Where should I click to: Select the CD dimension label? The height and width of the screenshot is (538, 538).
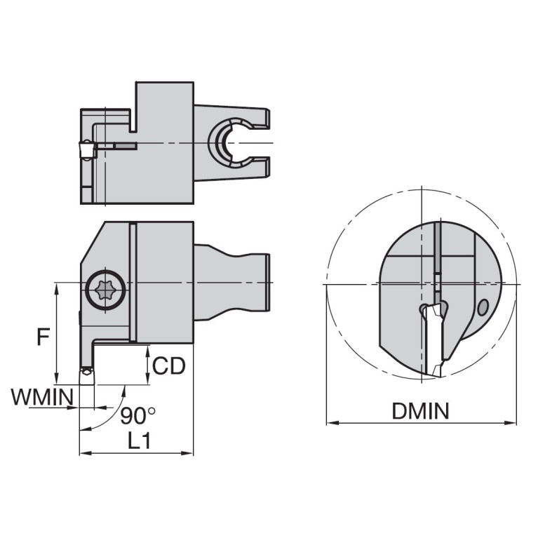tap(169, 365)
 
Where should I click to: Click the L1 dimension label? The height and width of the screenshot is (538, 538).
tap(136, 440)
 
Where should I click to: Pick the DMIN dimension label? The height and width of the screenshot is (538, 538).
tap(420, 411)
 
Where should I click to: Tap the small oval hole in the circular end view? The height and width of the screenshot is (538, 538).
tap(482, 307)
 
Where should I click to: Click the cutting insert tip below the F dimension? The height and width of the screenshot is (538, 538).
tap(86, 376)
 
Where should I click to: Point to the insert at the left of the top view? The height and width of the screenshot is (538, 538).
tap(86, 150)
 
